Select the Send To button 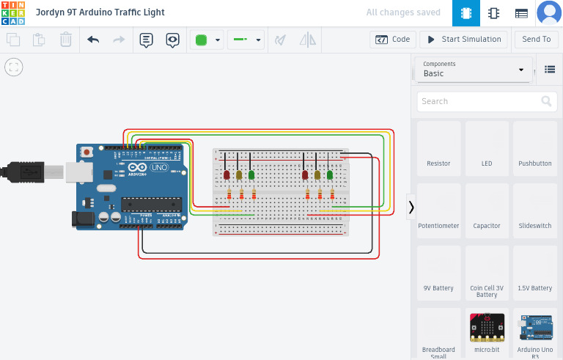pyautogui.click(x=536, y=40)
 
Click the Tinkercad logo pyautogui.click(x=12, y=12)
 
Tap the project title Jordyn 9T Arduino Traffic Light pyautogui.click(x=100, y=12)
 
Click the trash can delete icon pyautogui.click(x=66, y=40)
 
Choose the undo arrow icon pyautogui.click(x=93, y=40)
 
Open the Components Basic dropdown pyautogui.click(x=474, y=70)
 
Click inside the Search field pyautogui.click(x=480, y=101)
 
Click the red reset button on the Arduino pyautogui.click(x=87, y=153)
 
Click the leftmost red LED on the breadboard pyautogui.click(x=227, y=175)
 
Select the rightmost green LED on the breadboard pyautogui.click(x=330, y=175)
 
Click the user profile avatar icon pyautogui.click(x=548, y=12)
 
